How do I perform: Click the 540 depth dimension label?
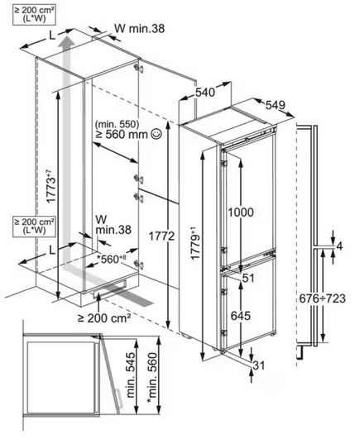205,93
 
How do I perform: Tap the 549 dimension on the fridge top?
275,105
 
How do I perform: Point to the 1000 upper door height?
241,212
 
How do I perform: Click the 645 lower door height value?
241,316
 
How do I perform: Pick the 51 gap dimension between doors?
248,278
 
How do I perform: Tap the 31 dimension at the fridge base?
258,365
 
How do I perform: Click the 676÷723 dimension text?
322,298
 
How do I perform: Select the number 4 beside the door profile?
339,246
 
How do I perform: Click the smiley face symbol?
156,134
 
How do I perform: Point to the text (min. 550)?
118,124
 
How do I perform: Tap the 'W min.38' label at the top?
140,28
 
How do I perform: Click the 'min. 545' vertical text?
131,375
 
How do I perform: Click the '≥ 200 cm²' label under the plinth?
104,318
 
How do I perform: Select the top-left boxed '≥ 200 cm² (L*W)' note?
34,14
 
